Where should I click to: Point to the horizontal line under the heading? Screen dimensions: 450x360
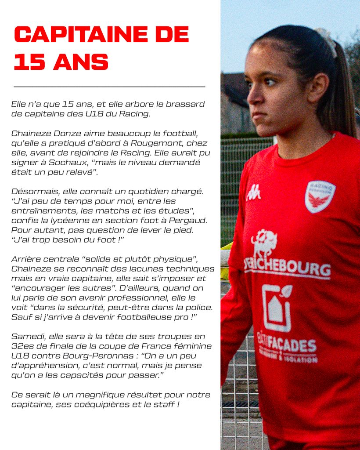coord(109,87)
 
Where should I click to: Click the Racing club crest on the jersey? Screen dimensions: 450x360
coord(320,196)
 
